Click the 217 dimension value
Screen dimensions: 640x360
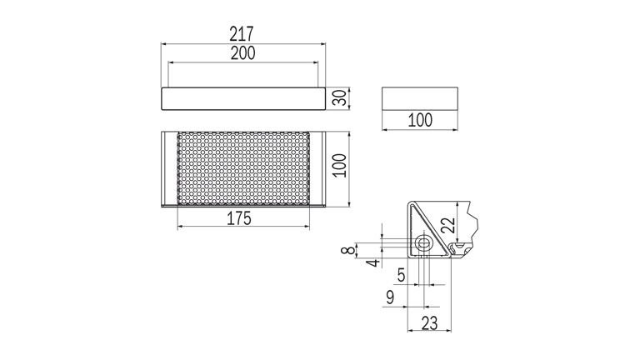click(x=242, y=34)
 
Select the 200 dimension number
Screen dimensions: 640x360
click(x=242, y=53)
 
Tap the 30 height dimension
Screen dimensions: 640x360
click(x=340, y=98)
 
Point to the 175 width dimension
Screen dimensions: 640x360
click(x=239, y=218)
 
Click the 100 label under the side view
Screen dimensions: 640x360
click(x=420, y=120)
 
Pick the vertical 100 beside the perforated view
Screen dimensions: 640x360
click(x=340, y=165)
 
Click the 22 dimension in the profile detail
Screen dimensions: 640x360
click(x=448, y=225)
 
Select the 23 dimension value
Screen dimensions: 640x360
click(x=429, y=323)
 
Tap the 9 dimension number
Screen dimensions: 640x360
click(x=390, y=297)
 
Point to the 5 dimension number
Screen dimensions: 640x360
click(x=402, y=276)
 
